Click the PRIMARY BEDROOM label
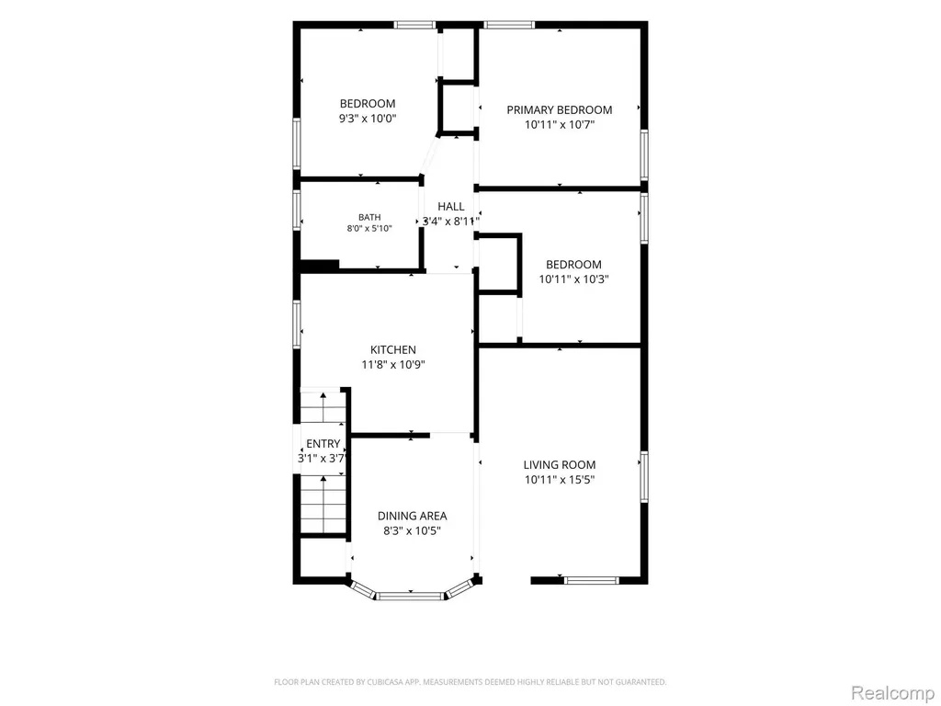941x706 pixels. tap(560, 110)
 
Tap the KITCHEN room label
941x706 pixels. tap(393, 349)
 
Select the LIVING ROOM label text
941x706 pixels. tap(560, 464)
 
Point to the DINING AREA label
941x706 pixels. tap(413, 516)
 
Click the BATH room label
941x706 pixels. tap(369, 217)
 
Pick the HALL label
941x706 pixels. tap(450, 207)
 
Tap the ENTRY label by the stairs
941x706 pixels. tap(323, 444)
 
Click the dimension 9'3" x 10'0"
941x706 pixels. tap(368, 119)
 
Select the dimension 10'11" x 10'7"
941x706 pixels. tap(560, 125)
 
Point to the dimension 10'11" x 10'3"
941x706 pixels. tap(573, 279)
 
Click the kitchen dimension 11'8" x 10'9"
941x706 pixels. tap(393, 364)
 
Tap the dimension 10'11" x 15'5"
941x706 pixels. tap(560, 480)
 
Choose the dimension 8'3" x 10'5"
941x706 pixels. tap(413, 530)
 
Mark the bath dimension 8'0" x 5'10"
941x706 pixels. tap(369, 229)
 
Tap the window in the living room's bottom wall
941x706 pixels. tap(591, 580)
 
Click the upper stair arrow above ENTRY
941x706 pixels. tap(323, 407)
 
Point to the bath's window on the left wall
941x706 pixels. tap(297, 211)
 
